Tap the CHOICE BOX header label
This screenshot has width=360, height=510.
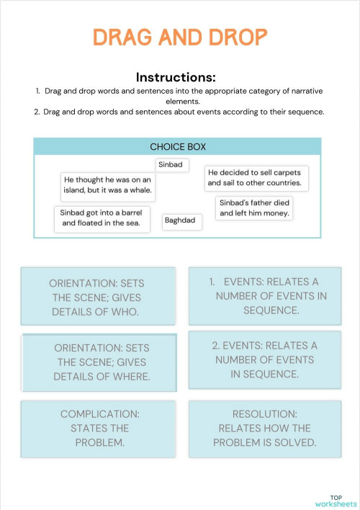tap(177, 146)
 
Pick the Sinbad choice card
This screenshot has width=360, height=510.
tap(171, 165)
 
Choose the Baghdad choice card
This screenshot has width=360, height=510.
tap(180, 220)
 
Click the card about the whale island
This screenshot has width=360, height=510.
tap(107, 187)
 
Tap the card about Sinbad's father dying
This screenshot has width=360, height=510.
tap(255, 207)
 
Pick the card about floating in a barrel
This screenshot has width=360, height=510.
tap(101, 218)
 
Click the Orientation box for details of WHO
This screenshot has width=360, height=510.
tap(99, 296)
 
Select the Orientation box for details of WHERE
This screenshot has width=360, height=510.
tap(101, 362)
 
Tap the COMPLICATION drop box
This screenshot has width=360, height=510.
tap(99, 429)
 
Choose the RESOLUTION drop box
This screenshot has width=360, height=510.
tap(264, 429)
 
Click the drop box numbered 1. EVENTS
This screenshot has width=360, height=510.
tap(264, 296)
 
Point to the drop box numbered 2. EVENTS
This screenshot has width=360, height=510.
tap(264, 360)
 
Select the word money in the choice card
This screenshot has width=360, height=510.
tap(276, 213)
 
